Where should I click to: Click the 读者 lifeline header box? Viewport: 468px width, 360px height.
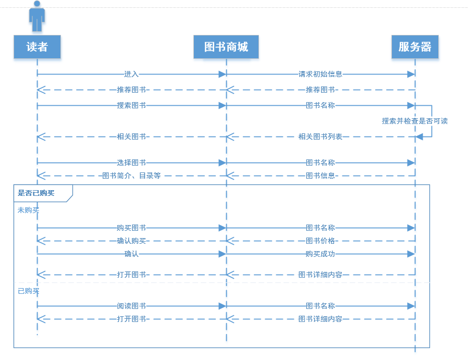pyautogui.click(x=37, y=47)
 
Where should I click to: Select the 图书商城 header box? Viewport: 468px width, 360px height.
pyautogui.click(x=226, y=47)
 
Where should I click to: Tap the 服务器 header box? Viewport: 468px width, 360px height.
pyautogui.click(x=415, y=47)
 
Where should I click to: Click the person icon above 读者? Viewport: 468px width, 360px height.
pyautogui.click(x=37, y=17)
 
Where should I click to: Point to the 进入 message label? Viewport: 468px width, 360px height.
pyautogui.click(x=131, y=75)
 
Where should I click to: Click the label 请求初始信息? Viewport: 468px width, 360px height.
pyautogui.click(x=320, y=75)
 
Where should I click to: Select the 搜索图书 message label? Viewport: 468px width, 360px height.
pyautogui.click(x=131, y=105)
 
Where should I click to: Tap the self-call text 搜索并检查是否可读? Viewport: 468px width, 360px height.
pyautogui.click(x=415, y=121)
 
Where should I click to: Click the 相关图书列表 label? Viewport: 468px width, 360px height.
pyautogui.click(x=320, y=136)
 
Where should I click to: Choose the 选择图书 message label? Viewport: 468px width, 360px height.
pyautogui.click(x=131, y=163)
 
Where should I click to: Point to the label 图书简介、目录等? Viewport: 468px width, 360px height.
pyautogui.click(x=131, y=176)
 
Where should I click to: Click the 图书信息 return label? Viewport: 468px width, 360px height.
pyautogui.click(x=320, y=176)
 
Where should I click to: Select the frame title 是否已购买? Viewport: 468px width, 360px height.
pyautogui.click(x=36, y=193)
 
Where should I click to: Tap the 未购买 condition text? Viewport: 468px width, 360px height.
pyautogui.click(x=29, y=210)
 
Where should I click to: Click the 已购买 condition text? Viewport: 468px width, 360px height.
pyautogui.click(x=29, y=291)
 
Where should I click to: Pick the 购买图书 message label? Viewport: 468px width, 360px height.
pyautogui.click(x=131, y=228)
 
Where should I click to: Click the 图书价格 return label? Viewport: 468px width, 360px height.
pyautogui.click(x=320, y=241)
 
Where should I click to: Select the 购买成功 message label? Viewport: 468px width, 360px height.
pyautogui.click(x=320, y=254)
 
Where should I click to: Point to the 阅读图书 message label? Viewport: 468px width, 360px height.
pyautogui.click(x=131, y=306)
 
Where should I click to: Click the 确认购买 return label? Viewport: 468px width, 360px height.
pyautogui.click(x=131, y=241)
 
